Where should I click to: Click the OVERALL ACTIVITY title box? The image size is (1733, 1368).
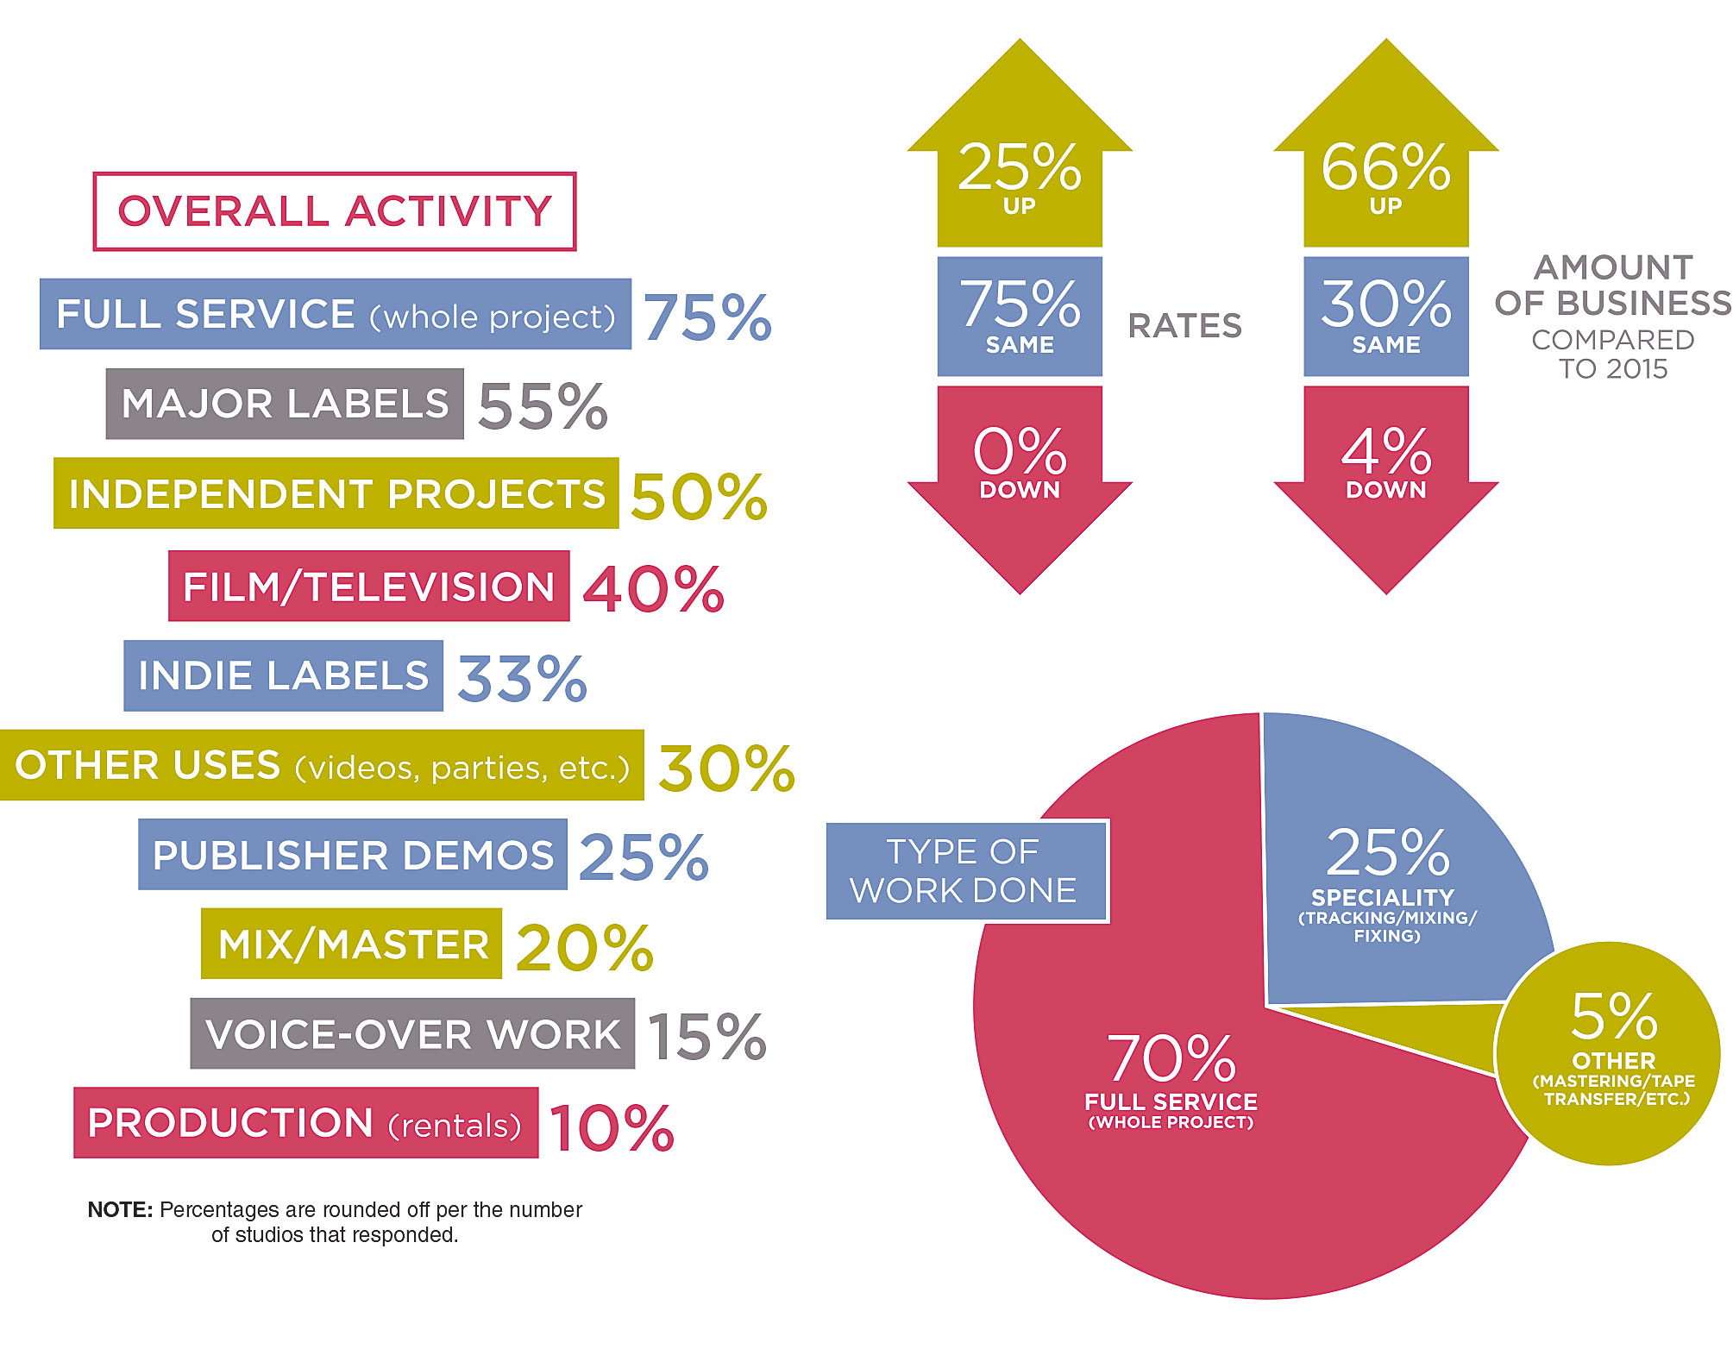pyautogui.click(x=335, y=212)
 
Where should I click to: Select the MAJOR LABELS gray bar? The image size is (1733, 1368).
pyautogui.click(x=285, y=404)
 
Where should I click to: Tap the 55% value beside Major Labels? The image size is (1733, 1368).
pyautogui.click(x=543, y=405)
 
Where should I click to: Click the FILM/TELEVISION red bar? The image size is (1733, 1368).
pyautogui.click(x=368, y=587)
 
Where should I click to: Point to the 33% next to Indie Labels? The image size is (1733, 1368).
pyautogui.click(x=522, y=678)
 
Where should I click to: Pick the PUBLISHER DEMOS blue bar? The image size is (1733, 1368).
pyautogui.click(x=352, y=855)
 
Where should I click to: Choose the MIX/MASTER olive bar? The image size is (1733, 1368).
pyautogui.click(x=351, y=944)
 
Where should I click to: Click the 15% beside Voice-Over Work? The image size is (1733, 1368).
pyautogui.click(x=706, y=1036)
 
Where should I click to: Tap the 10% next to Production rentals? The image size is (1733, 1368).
pyautogui.click(x=612, y=1126)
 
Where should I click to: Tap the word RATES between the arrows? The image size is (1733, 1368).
pyautogui.click(x=1184, y=326)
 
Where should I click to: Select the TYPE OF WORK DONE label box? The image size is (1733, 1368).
pyautogui.click(x=965, y=871)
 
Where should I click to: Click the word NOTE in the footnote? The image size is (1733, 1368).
pyautogui.click(x=119, y=1210)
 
